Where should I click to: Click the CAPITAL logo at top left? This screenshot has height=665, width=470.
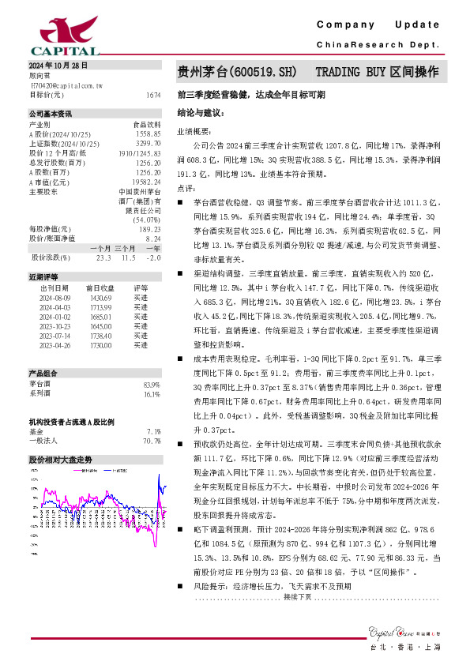tap(51, 35)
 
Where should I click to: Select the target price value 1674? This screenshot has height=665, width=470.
tap(153, 95)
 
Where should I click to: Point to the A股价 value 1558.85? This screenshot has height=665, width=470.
tap(148, 134)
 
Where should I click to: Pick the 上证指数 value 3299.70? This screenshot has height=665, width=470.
tap(148, 144)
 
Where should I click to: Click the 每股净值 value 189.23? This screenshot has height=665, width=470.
tap(149, 229)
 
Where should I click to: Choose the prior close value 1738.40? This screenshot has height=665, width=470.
tap(101, 336)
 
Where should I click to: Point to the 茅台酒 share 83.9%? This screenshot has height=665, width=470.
tap(152, 384)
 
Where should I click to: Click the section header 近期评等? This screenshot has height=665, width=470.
tap(44, 278)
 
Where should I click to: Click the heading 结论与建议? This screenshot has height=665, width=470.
tap(202, 114)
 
